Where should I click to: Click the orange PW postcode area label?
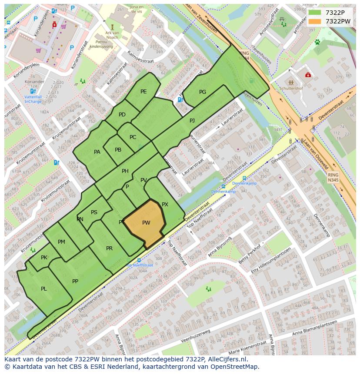click(146, 223)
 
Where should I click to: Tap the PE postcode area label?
click(143, 92)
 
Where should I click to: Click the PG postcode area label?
click(203, 92)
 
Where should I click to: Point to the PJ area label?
click(192, 120)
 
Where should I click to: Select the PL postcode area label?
click(44, 289)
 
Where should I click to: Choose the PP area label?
click(75, 281)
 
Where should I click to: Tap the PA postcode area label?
click(97, 152)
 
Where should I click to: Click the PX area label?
click(165, 205)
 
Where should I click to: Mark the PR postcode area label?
click(109, 248)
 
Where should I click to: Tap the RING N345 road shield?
click(333, 177)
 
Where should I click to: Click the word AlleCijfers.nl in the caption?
click(227, 359)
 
